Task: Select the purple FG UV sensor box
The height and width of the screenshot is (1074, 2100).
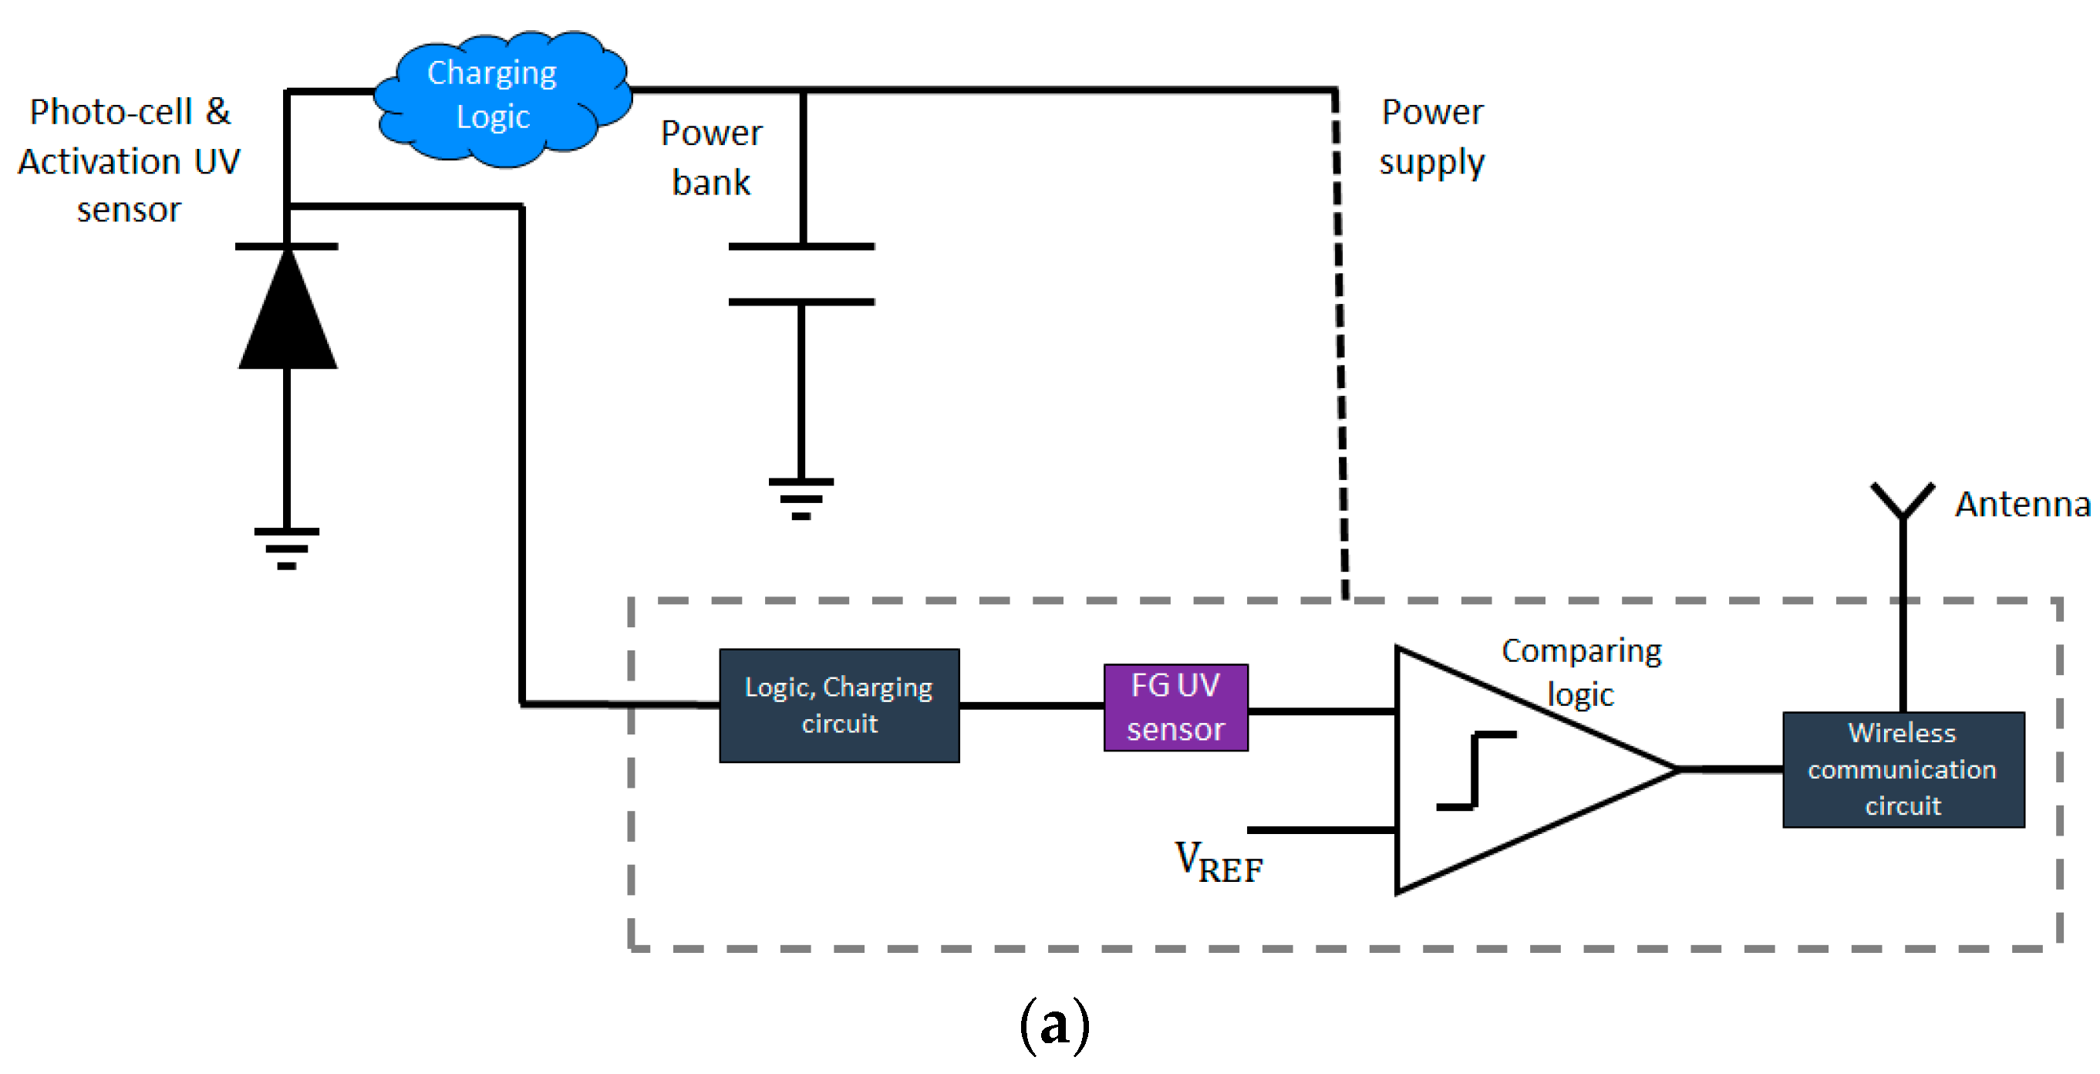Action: coord(1175,707)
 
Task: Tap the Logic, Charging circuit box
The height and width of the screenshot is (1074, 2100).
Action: coord(839,705)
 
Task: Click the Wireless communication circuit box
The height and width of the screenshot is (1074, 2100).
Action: coord(1902,769)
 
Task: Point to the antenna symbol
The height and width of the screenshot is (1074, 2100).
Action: coord(1902,502)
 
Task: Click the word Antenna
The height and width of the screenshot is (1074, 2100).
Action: coord(2022,505)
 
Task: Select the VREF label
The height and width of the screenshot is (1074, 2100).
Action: coord(1218,862)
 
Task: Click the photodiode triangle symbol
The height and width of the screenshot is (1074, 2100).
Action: coord(287,314)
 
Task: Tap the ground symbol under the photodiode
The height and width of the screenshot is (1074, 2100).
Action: coord(286,547)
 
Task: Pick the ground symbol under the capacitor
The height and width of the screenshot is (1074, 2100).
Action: coord(801,498)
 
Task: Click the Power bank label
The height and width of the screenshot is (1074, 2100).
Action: coord(711,157)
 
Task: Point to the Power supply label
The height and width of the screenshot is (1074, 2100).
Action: coord(1431,137)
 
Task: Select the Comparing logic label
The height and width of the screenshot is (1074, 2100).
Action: coord(1581,672)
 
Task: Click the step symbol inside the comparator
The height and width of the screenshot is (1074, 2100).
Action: coord(1475,771)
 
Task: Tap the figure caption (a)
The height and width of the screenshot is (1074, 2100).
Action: coord(1054,1023)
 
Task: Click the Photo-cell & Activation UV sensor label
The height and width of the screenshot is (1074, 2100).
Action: coord(129,160)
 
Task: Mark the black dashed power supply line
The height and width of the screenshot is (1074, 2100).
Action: coord(1340,343)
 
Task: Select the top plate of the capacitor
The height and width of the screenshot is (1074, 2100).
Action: coord(801,246)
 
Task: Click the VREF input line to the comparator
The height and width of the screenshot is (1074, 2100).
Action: coord(1320,830)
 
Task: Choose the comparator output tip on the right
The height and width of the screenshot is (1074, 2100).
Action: coord(1675,769)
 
